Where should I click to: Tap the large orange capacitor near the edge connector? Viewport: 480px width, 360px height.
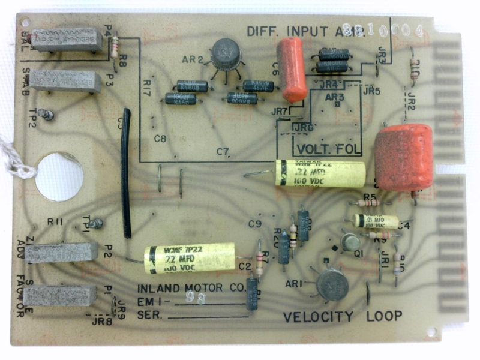404,157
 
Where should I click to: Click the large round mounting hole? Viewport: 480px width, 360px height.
59,176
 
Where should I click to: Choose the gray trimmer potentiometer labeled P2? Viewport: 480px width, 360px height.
61,252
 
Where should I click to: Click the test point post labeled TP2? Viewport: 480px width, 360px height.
47,114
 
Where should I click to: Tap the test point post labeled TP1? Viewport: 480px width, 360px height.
95,224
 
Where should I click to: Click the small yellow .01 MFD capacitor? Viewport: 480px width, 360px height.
376,221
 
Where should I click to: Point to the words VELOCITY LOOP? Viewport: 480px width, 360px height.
343,316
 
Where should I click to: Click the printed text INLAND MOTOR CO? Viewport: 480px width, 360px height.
191,288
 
